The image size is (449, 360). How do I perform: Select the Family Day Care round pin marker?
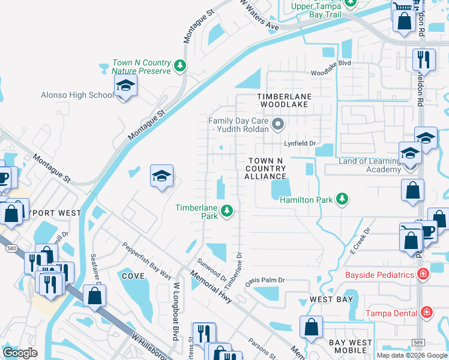point(277,125)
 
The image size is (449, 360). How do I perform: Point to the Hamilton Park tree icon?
point(342,199)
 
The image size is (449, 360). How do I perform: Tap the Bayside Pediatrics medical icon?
point(423,274)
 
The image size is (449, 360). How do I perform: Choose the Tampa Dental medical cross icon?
point(426,313)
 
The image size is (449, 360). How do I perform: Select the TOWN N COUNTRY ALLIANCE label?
point(265,169)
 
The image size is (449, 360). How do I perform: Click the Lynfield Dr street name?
point(300,144)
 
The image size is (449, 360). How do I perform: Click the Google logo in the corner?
point(20,353)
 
